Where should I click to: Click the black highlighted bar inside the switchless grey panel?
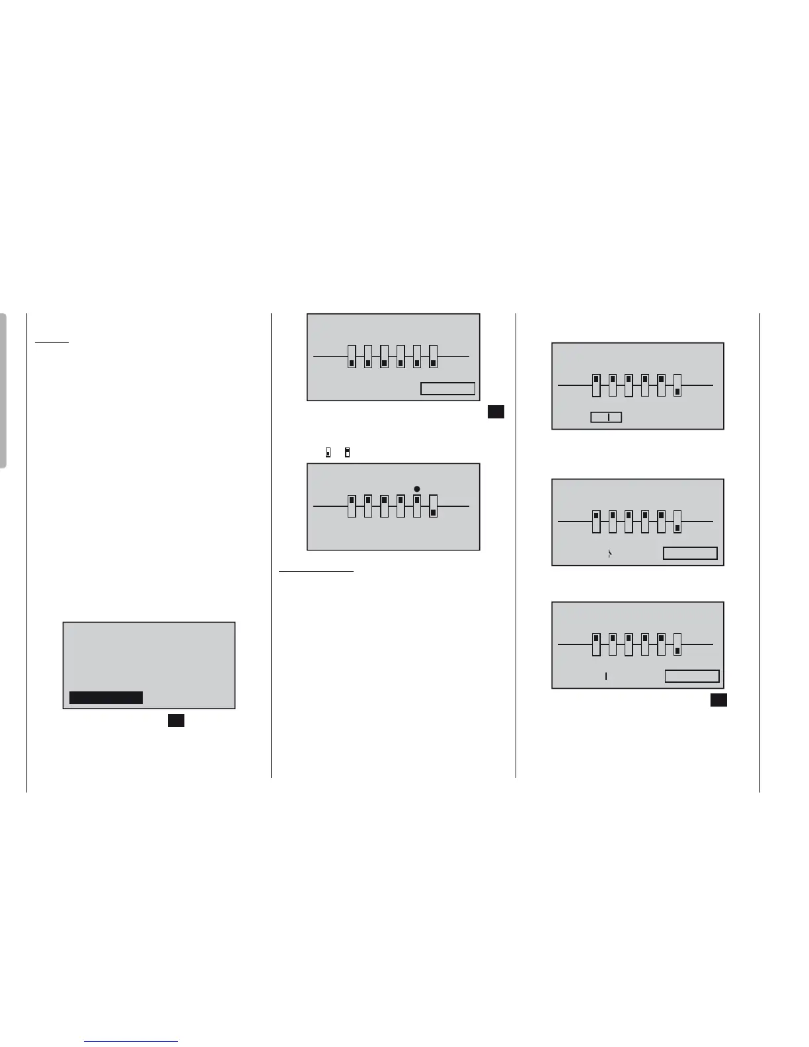106,697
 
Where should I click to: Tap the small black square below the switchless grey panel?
176,720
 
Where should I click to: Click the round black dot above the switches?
416,489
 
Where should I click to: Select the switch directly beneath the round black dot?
416,506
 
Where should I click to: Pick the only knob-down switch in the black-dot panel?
433,506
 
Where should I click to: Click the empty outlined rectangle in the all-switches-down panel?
448,389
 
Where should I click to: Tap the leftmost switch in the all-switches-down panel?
352,356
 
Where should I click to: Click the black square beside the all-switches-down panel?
496,411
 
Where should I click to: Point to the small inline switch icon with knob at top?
347,453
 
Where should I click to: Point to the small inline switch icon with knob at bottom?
328,453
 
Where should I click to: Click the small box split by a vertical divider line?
606,417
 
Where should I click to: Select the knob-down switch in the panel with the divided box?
677,385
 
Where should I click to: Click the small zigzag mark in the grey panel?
609,554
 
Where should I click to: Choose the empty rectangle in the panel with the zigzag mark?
690,553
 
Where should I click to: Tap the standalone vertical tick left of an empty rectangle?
606,676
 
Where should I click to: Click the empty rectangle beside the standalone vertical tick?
692,676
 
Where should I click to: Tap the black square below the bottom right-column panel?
719,700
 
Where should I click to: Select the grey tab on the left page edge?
4,390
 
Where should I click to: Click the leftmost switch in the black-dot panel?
352,506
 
